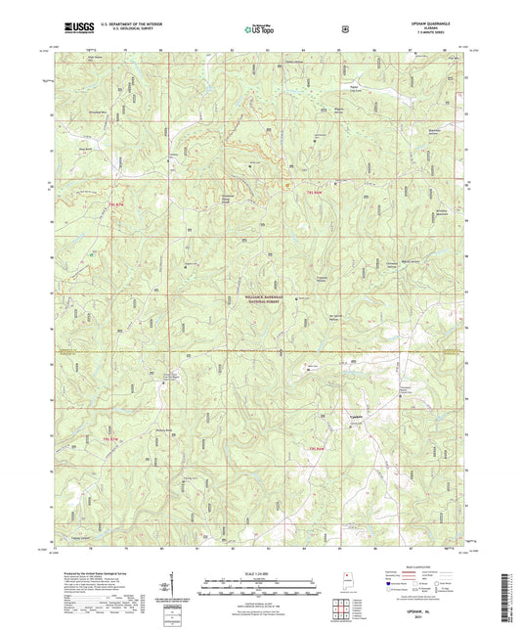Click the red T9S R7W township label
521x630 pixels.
pos(118,202)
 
